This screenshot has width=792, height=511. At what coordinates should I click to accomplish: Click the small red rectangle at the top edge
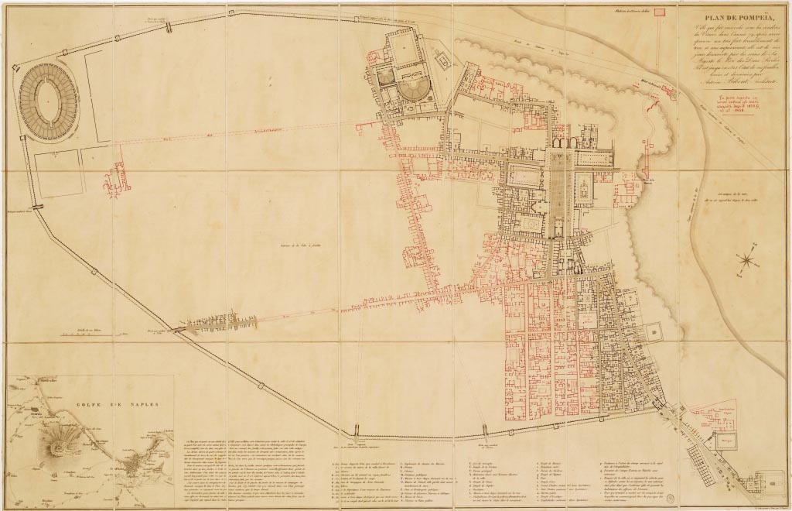[x=660, y=12]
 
